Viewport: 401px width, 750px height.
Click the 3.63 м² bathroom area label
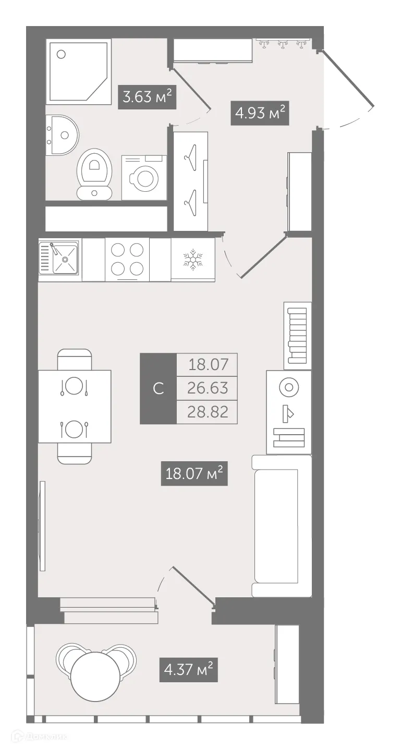(147, 97)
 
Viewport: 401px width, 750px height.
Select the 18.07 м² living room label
(194, 474)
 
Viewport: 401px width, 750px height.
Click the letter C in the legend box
(159, 388)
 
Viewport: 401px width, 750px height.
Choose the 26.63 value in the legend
(208, 388)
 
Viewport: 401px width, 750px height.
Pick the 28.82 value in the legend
(208, 412)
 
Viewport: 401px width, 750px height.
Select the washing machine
(144, 178)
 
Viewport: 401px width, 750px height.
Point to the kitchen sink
(59, 257)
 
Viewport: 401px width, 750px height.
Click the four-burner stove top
(127, 259)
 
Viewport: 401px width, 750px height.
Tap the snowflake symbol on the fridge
(192, 259)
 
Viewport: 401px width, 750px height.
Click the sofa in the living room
(281, 525)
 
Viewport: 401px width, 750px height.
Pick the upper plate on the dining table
(74, 386)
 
